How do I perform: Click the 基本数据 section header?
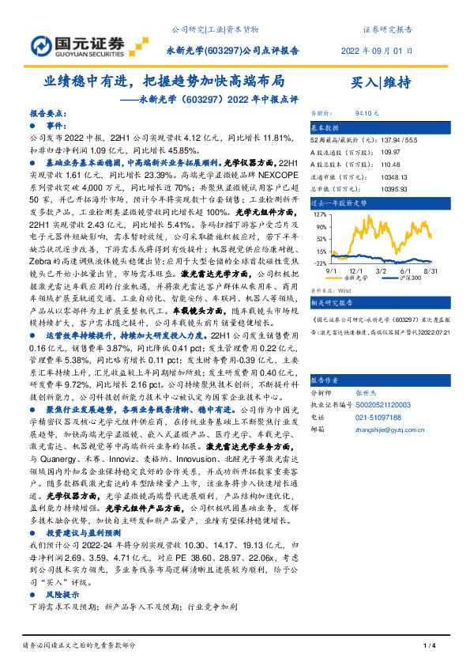tap(324, 127)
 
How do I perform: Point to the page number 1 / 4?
tap(430, 647)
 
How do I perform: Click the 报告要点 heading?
tap(49, 114)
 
